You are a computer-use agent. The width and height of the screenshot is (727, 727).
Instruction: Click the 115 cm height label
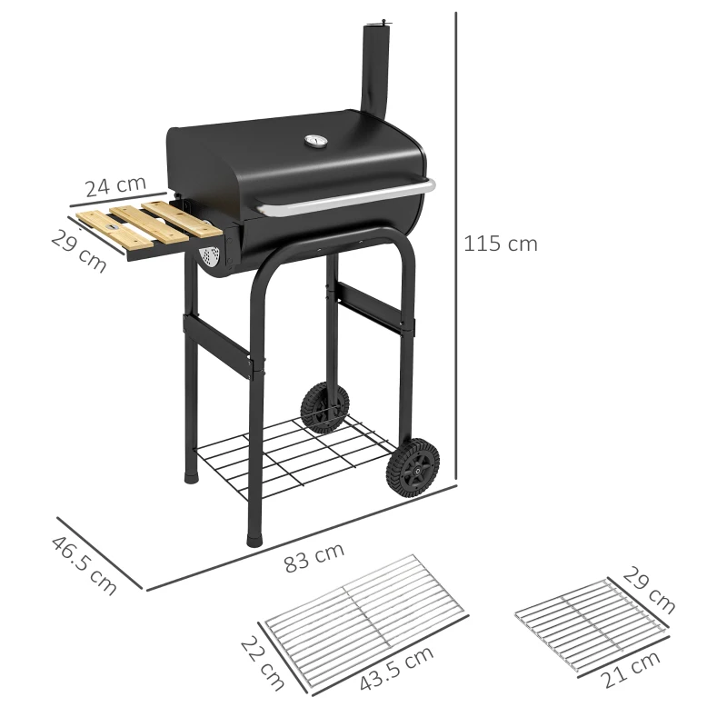tap(501, 244)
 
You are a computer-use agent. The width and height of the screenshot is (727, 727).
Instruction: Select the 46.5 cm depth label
tap(84, 565)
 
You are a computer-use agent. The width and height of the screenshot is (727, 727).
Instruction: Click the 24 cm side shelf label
tap(115, 185)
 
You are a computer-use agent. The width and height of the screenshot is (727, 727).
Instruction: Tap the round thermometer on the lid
tap(314, 141)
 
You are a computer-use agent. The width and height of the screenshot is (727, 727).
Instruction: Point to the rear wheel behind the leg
tap(322, 406)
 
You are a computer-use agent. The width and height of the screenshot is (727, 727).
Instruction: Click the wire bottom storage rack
tap(291, 454)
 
